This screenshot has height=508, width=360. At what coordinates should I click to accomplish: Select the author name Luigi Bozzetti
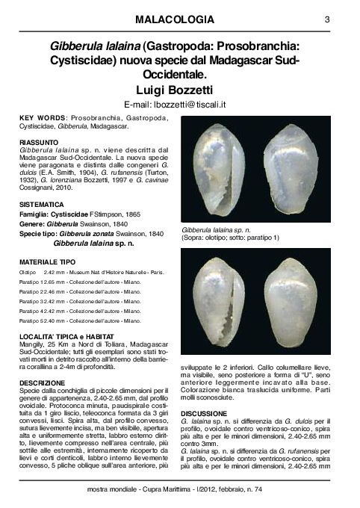coord(179,89)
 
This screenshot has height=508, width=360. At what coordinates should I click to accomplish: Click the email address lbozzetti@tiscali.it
coord(179,103)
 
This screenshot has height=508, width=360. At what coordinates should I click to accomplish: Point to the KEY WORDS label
coord(42,119)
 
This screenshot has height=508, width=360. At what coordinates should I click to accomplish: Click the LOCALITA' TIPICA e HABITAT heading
coord(67,337)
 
